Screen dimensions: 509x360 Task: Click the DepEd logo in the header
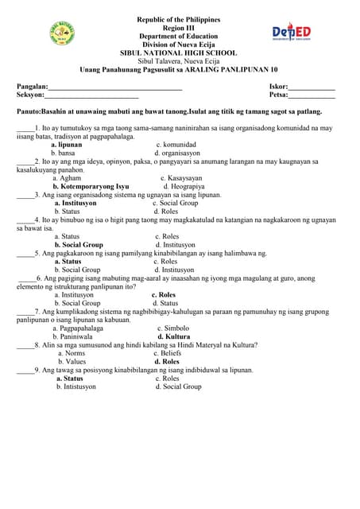292,33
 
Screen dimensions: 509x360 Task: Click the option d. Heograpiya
186,186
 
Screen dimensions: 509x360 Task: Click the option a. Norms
72,353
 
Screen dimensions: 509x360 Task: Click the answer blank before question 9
25,370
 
